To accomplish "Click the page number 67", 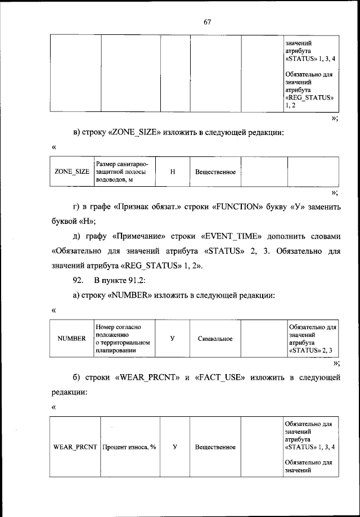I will pyautogui.click(x=206, y=22).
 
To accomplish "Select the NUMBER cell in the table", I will pyautogui.click(x=72, y=339).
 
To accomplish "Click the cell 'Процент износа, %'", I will pyautogui.click(x=129, y=447).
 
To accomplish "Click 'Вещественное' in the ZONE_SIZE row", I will pyautogui.click(x=215, y=172).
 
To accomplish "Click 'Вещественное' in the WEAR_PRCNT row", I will pyautogui.click(x=215, y=447).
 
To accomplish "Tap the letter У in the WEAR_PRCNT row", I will pyautogui.click(x=175, y=447).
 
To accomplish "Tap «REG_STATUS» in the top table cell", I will pyautogui.click(x=310, y=97).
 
